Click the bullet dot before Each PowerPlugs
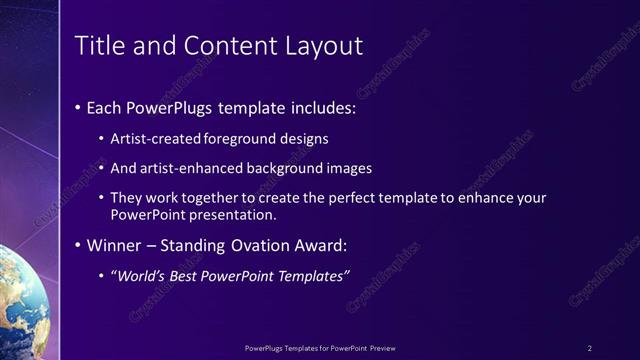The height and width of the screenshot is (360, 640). [79, 106]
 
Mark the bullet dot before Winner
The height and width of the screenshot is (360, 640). [79, 245]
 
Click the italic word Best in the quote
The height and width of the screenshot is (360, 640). [182, 276]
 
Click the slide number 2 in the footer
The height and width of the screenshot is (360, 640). [590, 348]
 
